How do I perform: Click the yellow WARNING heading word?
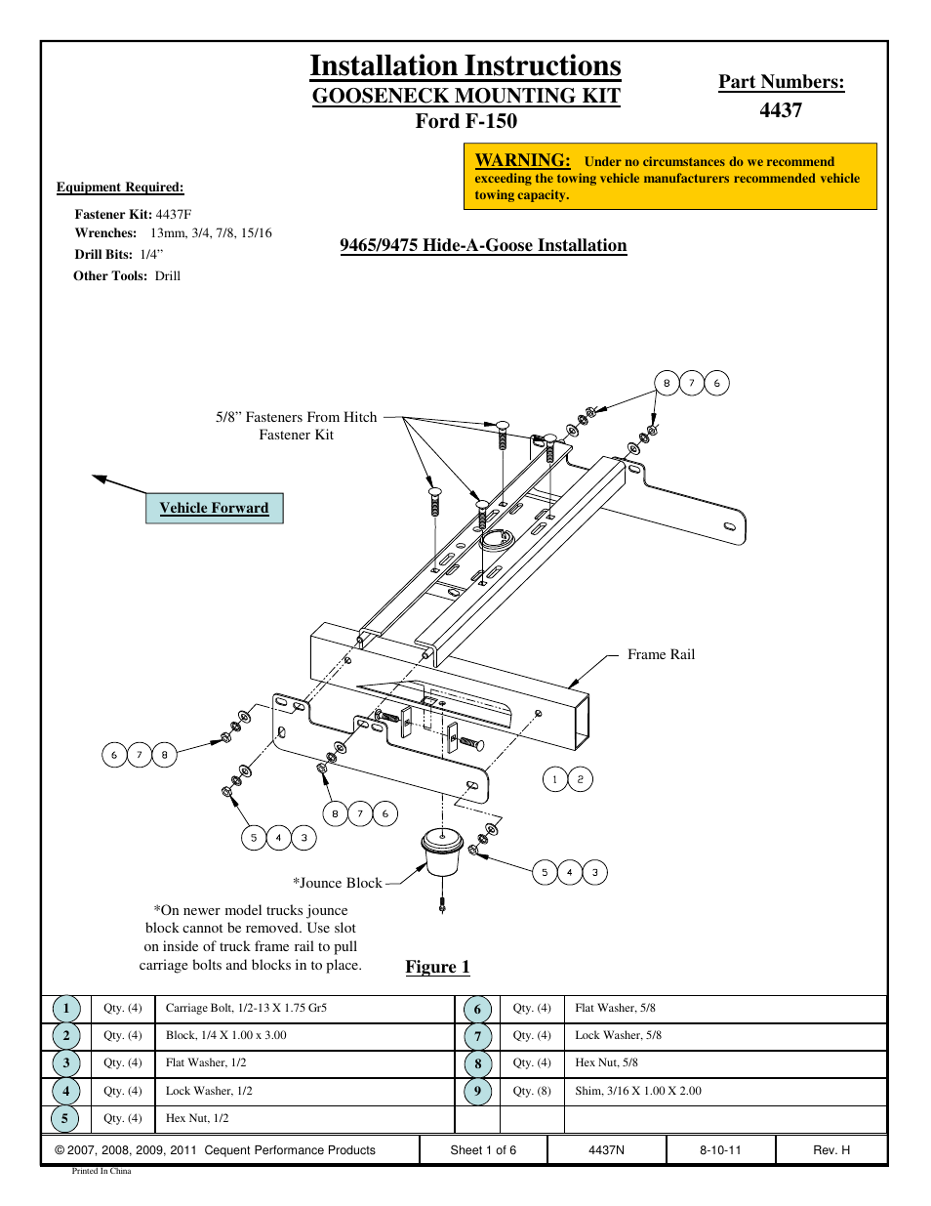(x=522, y=160)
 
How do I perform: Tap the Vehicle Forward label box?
(x=214, y=508)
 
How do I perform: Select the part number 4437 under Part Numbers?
(x=781, y=110)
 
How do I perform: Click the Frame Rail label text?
(x=661, y=654)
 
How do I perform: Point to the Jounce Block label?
(x=338, y=883)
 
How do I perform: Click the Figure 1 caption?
(x=437, y=967)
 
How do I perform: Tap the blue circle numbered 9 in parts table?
(x=477, y=1091)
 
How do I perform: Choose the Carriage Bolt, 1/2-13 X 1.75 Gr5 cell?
(x=246, y=1008)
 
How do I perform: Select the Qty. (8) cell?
(x=532, y=1091)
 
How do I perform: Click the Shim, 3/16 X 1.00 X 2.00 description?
(x=638, y=1091)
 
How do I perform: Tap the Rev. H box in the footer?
(x=831, y=1150)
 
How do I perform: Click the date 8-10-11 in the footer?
(x=720, y=1150)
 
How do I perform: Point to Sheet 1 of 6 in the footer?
(x=483, y=1150)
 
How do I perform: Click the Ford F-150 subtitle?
(x=465, y=121)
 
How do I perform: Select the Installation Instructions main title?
(x=465, y=65)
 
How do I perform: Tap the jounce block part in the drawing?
(x=441, y=853)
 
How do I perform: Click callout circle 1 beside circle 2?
(x=554, y=779)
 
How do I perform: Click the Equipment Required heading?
(x=120, y=187)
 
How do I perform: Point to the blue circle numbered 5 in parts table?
(x=65, y=1118)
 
